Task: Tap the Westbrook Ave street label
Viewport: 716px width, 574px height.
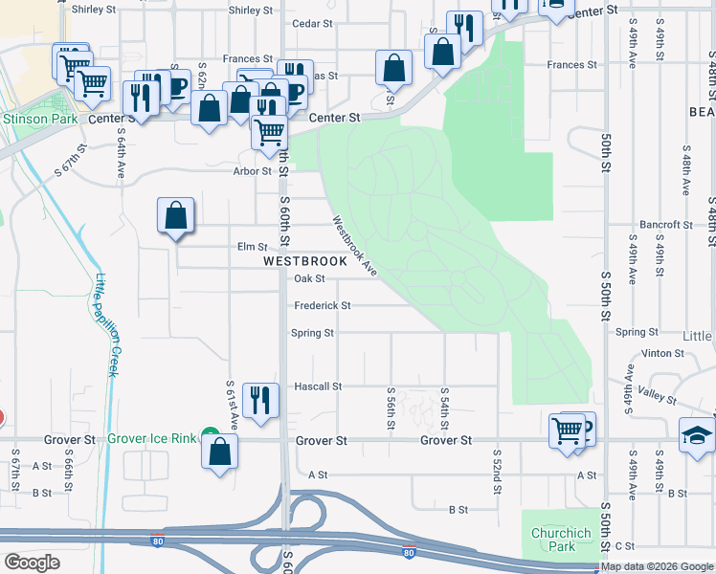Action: point(355,246)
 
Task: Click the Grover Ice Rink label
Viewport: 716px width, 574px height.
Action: point(151,438)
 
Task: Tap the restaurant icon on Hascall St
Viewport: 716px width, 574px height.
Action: point(260,401)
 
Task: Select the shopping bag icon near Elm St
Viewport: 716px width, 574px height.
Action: point(176,216)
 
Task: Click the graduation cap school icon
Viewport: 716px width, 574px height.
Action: point(697,435)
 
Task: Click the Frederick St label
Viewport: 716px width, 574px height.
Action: point(323,306)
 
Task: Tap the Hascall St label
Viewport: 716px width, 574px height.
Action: point(318,386)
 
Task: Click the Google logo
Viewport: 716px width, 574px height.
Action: point(32,563)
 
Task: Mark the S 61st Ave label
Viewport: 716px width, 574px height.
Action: point(231,402)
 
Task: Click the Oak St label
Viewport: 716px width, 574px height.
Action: point(310,279)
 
